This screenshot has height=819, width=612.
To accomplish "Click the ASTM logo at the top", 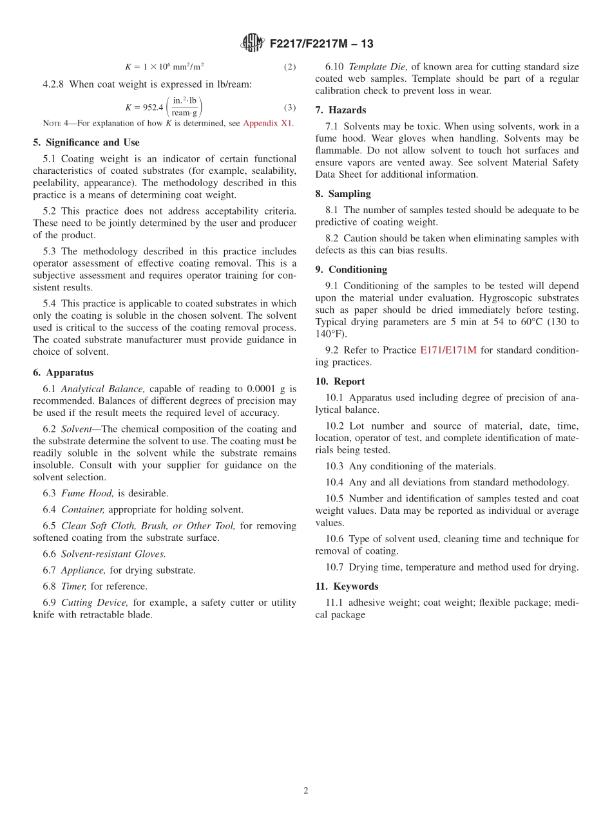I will [x=252, y=43].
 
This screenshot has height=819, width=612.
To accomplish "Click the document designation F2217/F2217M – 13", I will [x=321, y=44].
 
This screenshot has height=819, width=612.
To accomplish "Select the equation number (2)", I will [x=290, y=67].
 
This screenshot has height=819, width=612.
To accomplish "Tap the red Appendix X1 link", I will [x=268, y=124].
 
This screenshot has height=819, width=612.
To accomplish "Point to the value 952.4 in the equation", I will [x=152, y=108].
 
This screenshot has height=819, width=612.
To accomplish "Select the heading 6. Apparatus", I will [x=63, y=372].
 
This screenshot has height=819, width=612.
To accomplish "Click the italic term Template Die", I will [x=378, y=67].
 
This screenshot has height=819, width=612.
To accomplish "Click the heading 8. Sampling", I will [x=343, y=194].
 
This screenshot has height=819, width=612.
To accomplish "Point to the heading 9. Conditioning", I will [x=351, y=270].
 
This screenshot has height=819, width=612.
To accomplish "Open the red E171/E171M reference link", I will [x=448, y=350].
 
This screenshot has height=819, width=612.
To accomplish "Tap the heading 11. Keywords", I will [x=347, y=587].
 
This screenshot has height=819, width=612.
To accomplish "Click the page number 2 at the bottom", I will [x=306, y=791].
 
